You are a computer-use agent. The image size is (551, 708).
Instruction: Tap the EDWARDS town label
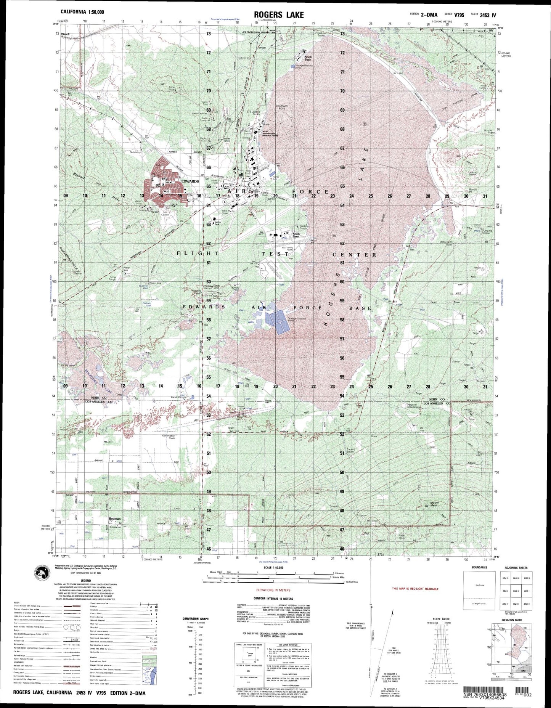pyautogui.click(x=190, y=181)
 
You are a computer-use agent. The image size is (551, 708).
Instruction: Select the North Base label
pyautogui.click(x=308, y=58)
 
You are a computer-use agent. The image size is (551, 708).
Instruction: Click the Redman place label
pyautogui.click(x=114, y=519)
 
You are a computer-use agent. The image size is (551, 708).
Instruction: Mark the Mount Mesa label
pyautogui.click(x=435, y=504)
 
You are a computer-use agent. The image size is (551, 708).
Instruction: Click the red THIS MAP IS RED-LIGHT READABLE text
pyautogui.click(x=415, y=589)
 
